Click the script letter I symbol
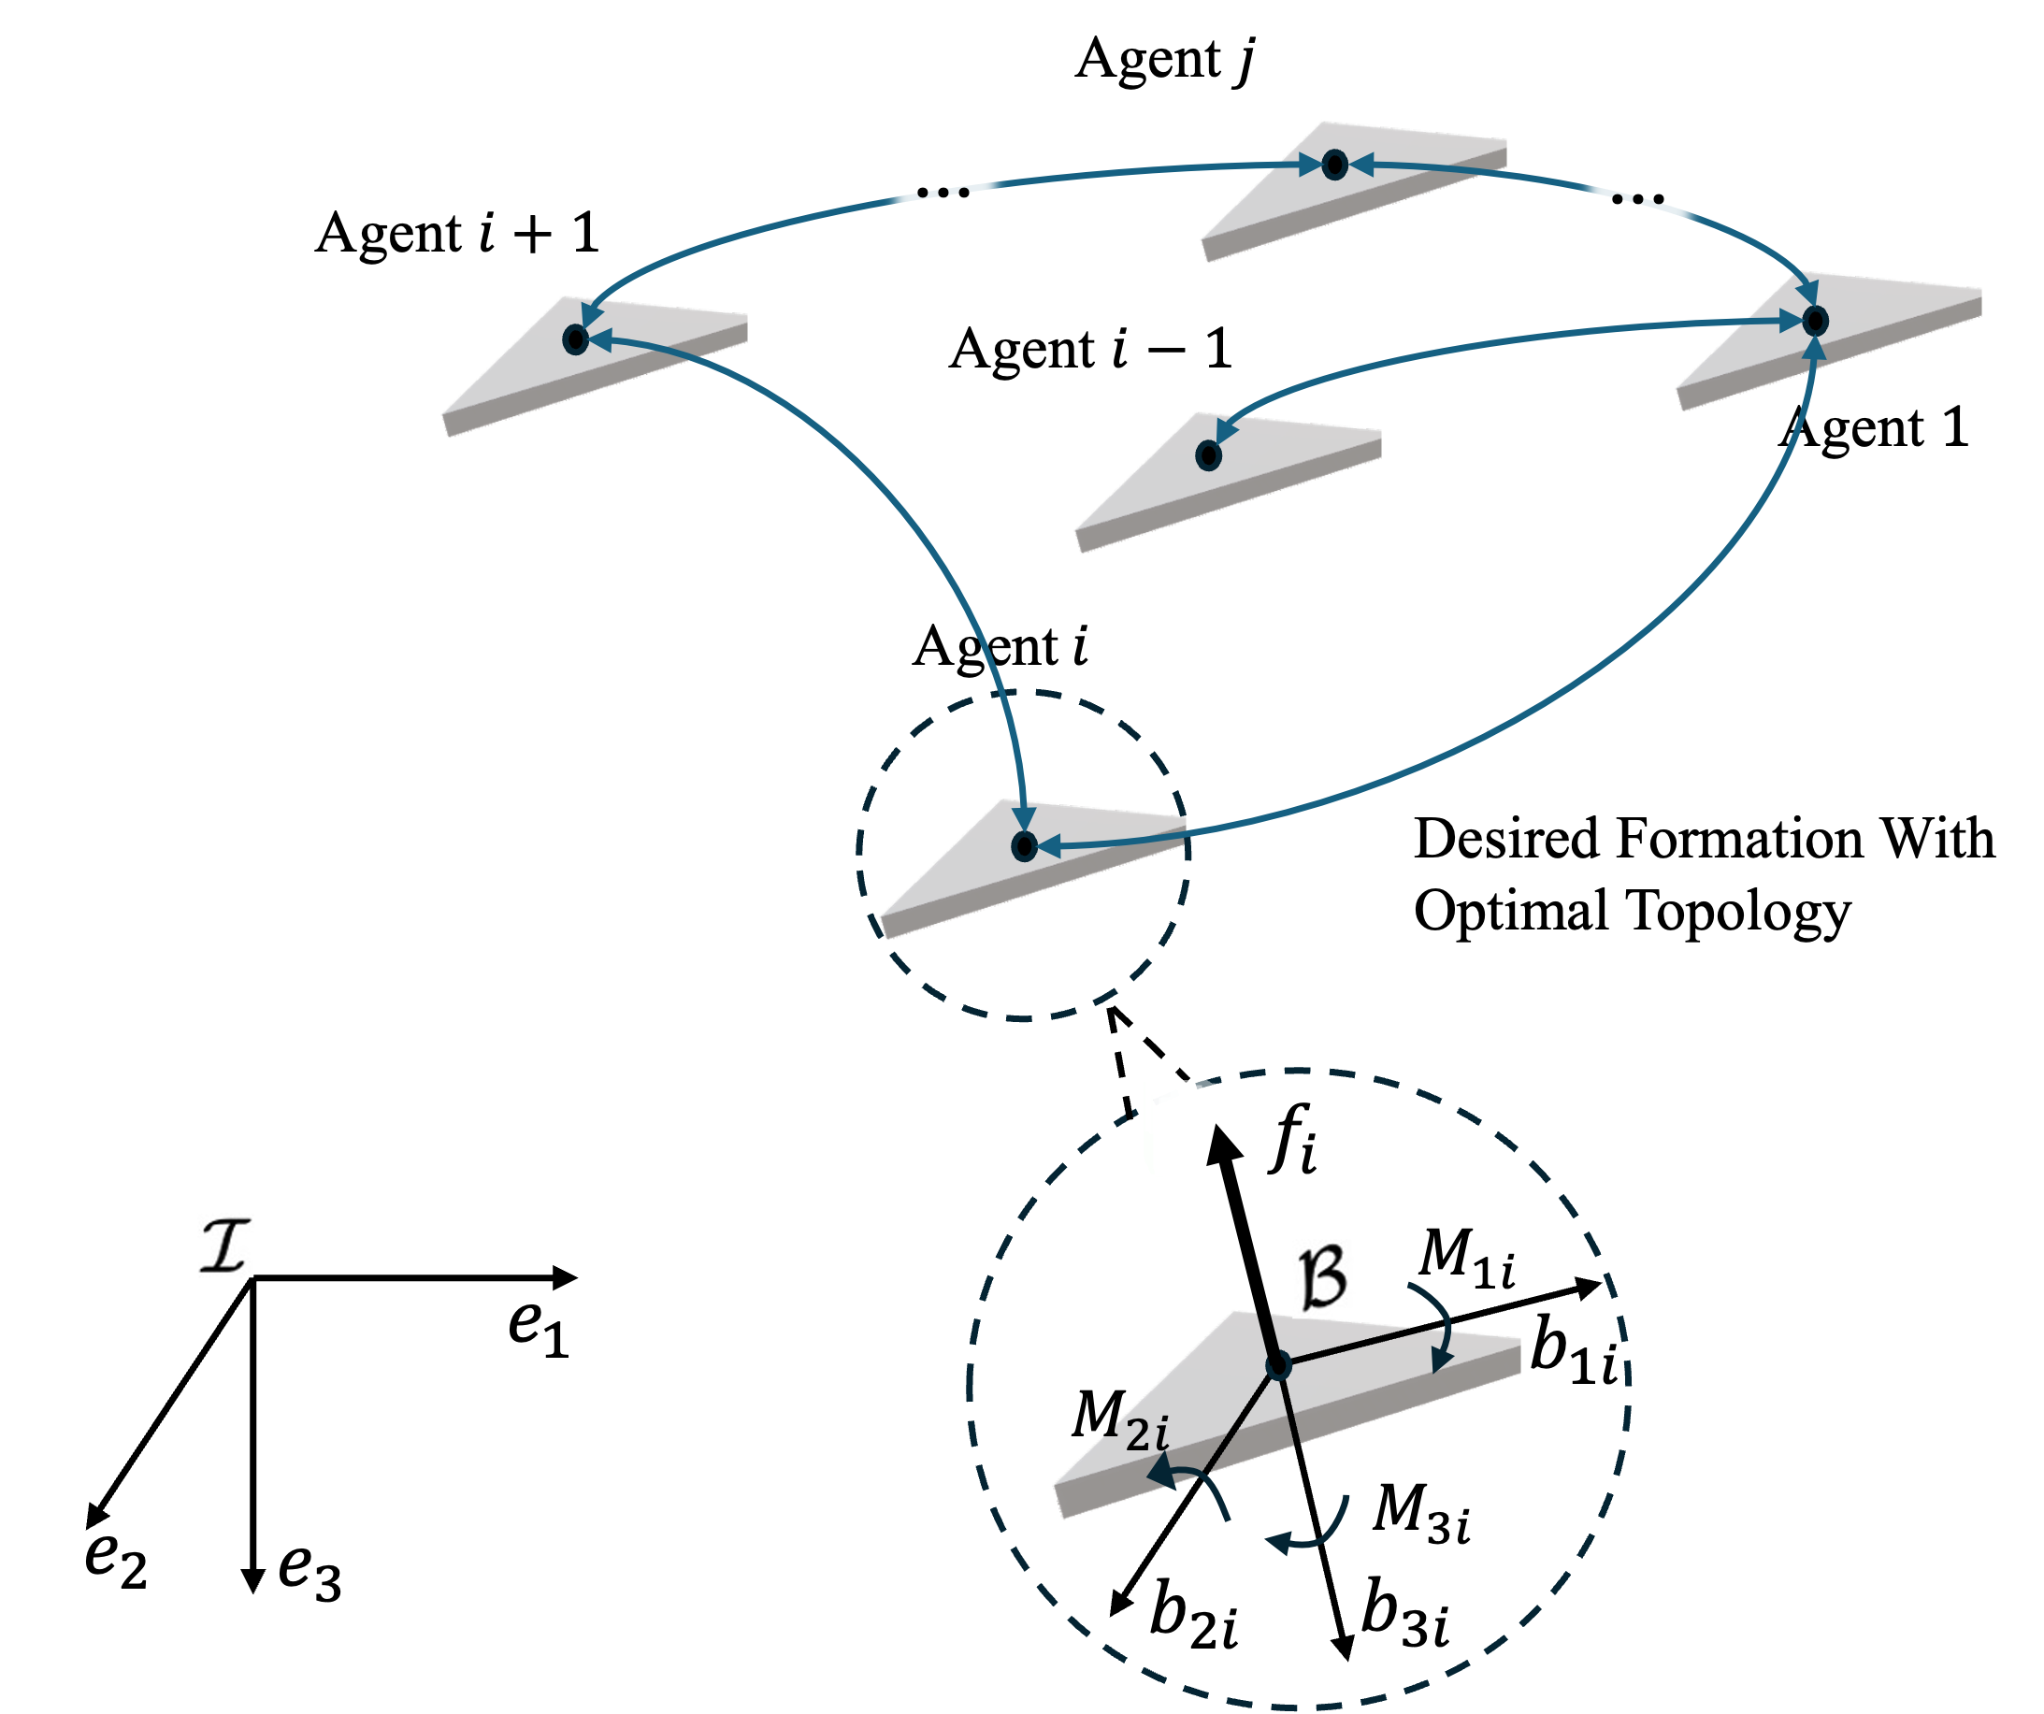224,1245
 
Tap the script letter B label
1324,1278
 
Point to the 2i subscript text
1145,1434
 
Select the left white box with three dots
945,173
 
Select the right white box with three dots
1639,180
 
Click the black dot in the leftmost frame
575,339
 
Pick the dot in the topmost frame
1335,165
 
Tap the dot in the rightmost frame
1815,320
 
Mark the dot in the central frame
1208,454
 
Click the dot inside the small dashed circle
1024,846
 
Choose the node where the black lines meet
1278,1365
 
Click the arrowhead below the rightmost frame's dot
1814,347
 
